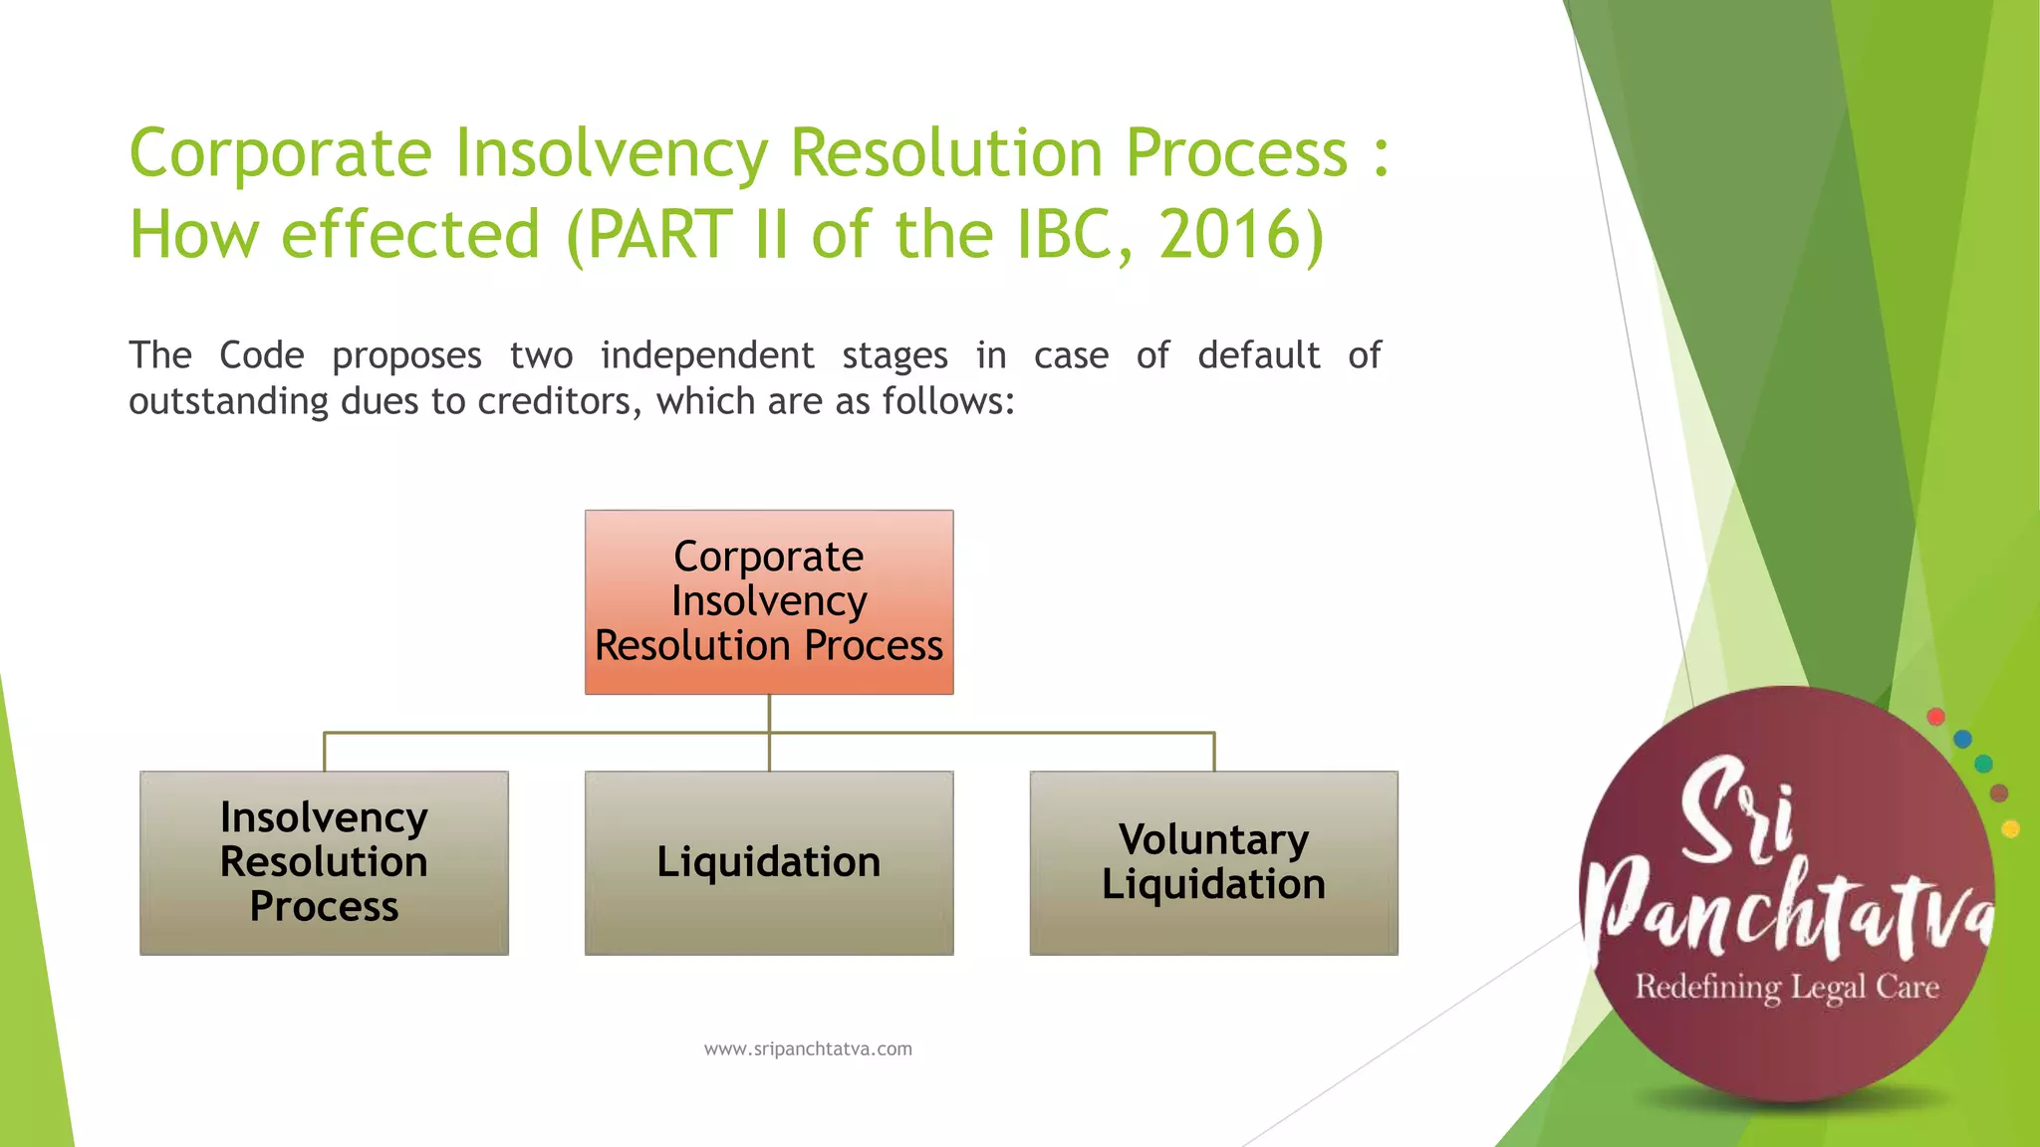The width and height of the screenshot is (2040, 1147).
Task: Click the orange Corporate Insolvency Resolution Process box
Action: click(768, 601)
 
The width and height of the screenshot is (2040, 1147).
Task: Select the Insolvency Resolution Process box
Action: click(324, 862)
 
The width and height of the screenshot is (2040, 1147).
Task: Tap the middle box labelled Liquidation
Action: click(768, 862)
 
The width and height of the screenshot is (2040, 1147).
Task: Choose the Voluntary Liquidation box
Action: click(1213, 862)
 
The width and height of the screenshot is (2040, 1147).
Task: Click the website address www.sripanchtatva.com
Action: click(807, 1048)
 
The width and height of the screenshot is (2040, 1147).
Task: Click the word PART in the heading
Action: click(659, 235)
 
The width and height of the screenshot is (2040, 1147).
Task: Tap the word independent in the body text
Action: click(706, 355)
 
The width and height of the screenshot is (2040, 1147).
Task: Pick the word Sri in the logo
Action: click(1737, 811)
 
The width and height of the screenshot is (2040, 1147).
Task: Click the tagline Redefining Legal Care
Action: click(1787, 987)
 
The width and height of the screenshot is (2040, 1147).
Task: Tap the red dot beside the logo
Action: click(1935, 717)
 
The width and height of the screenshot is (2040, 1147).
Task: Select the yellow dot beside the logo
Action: click(2010, 829)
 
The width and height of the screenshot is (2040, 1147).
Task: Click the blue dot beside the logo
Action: click(1962, 739)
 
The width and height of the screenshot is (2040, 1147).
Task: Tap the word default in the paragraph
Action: click(1258, 355)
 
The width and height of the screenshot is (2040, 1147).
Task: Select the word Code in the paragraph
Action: click(261, 355)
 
